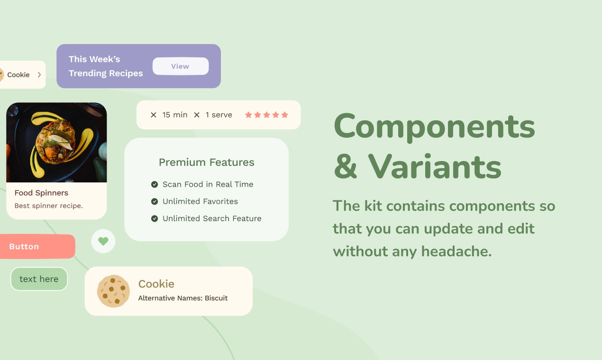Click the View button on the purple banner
tap(180, 66)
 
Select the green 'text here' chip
tap(39, 279)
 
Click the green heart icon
tap(103, 241)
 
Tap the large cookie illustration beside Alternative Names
tap(113, 291)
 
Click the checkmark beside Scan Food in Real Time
tap(154, 184)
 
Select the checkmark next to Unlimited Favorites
tap(154, 201)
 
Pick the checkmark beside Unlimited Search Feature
tap(154, 218)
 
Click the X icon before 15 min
tap(153, 115)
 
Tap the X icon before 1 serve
tap(197, 115)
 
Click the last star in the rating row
tap(284, 115)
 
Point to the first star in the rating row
tap(248, 115)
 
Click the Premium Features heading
tap(206, 162)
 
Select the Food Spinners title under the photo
tap(41, 193)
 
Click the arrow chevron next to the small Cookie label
tap(39, 75)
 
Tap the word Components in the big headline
tap(434, 127)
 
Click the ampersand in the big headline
tap(346, 167)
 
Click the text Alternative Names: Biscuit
tap(182, 298)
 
